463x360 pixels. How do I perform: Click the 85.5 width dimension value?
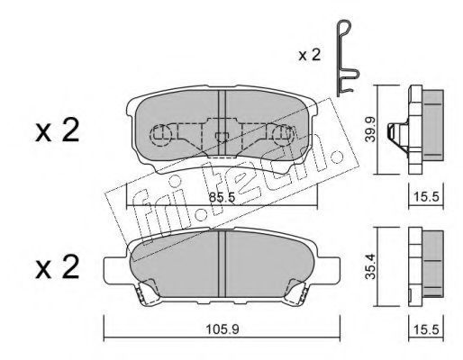pos(222,197)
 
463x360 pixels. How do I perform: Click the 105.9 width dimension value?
pos(222,330)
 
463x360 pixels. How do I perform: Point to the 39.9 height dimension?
pos(371,130)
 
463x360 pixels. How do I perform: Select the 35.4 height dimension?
pos(370,266)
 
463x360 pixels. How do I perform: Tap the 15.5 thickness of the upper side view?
pos(426,197)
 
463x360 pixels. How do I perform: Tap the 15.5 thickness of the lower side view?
pos(426,330)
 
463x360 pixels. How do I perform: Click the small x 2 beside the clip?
pos(310,56)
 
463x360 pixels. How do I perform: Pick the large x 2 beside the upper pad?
pos(58,130)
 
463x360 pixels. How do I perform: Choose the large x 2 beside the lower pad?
pos(58,266)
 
